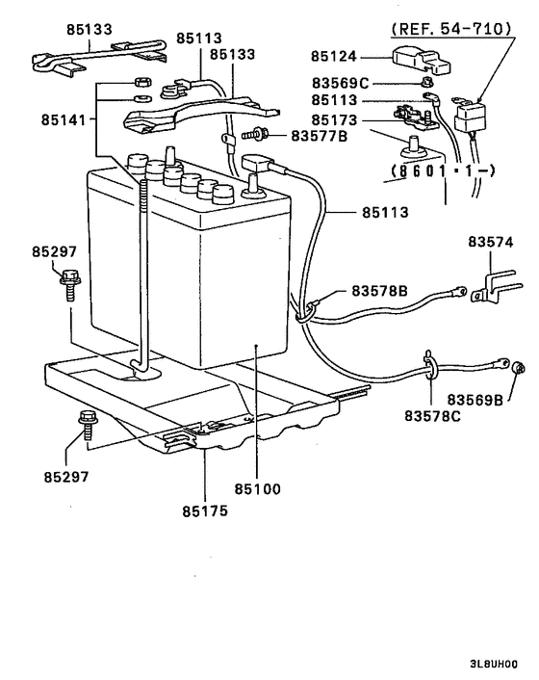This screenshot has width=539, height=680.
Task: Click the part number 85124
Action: (x=338, y=59)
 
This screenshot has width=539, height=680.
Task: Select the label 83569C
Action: (x=342, y=82)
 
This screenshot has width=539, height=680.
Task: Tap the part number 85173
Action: (x=333, y=120)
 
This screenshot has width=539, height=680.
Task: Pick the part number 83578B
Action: (x=380, y=290)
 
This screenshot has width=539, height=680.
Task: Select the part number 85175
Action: (x=204, y=510)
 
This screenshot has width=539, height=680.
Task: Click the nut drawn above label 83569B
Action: (x=516, y=367)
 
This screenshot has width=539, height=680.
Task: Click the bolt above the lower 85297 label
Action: (x=85, y=422)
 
